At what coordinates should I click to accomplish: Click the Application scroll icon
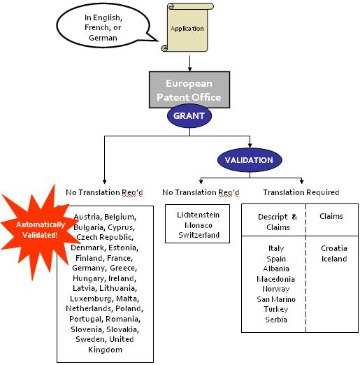coord(187,27)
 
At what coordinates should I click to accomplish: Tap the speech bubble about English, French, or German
coord(103,26)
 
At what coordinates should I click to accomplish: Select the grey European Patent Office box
coord(189,90)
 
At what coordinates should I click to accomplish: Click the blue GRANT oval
coord(189,116)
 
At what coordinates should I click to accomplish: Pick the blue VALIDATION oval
coord(250,160)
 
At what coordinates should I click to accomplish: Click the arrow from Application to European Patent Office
coord(189,64)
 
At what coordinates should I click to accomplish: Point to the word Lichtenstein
coord(198,215)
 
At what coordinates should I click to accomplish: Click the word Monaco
coord(199,225)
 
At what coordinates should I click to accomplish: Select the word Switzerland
coord(199,235)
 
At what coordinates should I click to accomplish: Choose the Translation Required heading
coord(301,192)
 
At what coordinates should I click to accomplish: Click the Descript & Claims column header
coord(278,222)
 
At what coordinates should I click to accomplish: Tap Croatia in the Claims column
coord(334,248)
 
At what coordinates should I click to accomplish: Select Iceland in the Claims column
coord(334,259)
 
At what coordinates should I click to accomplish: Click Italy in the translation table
coord(276,248)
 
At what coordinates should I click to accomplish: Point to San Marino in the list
coord(276,299)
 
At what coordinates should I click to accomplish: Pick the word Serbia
coord(276,320)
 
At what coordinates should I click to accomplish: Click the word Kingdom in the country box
coord(105,350)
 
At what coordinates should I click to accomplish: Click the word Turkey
coord(276,309)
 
